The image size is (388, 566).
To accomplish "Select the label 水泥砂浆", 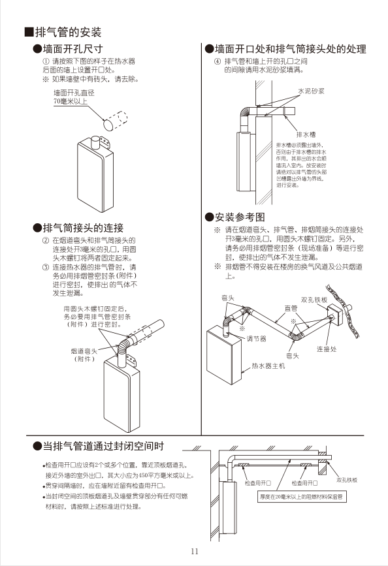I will tap(312, 91).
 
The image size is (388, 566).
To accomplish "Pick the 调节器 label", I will tap(257, 338).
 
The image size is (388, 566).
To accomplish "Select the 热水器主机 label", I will tap(268, 366).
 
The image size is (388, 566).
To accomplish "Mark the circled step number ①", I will tap(46, 61).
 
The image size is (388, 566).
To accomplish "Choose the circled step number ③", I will tap(46, 268).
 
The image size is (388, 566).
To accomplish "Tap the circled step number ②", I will tap(46, 240).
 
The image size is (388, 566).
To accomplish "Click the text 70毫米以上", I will tap(69, 102).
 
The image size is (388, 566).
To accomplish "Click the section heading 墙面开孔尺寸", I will tap(72, 49).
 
